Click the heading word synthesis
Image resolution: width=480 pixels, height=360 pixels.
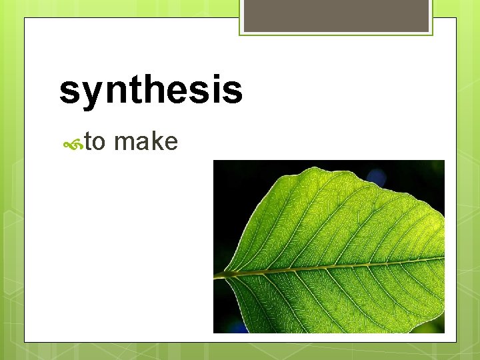click(151, 91)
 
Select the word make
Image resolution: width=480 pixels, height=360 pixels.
click(145, 141)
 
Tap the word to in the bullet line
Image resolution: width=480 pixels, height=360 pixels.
click(95, 141)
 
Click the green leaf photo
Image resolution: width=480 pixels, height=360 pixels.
click(329, 246)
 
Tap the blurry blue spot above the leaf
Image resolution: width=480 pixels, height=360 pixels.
click(377, 177)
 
